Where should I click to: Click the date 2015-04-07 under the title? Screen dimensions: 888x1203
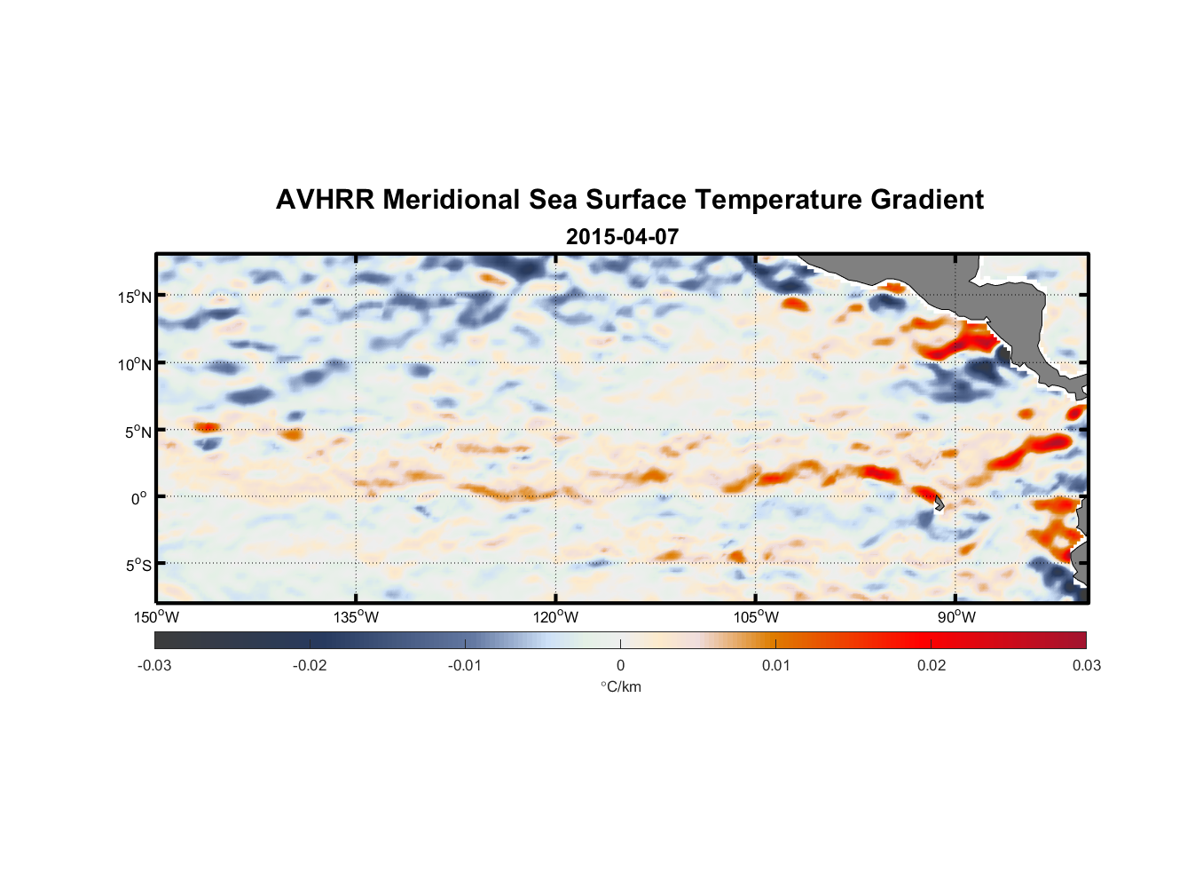pos(622,237)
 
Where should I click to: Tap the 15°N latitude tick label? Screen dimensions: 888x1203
pos(135,297)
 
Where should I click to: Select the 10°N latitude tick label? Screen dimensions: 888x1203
pos(135,364)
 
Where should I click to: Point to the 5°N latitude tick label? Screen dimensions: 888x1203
pos(138,432)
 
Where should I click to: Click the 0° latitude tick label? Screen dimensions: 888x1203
pos(139,498)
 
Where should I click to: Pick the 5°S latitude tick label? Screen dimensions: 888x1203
pos(138,565)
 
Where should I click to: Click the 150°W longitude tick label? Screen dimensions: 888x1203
pos(157,617)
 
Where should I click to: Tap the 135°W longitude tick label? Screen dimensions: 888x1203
pos(357,617)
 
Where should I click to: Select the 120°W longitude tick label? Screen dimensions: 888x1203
pos(556,617)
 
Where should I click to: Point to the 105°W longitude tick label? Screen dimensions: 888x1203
pos(756,617)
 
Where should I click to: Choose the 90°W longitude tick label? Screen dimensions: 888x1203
pos(956,617)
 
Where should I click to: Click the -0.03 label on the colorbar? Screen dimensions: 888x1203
pos(154,665)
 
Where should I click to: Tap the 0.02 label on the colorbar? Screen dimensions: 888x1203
pos(932,665)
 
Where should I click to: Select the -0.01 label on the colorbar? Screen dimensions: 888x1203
pos(465,665)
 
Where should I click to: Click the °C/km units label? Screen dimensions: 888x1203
pos(621,686)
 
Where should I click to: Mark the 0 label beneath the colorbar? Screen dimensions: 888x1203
pos(620,665)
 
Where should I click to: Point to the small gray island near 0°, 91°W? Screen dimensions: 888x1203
pos(939,503)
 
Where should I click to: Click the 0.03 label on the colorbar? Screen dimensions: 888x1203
pos(1086,665)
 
